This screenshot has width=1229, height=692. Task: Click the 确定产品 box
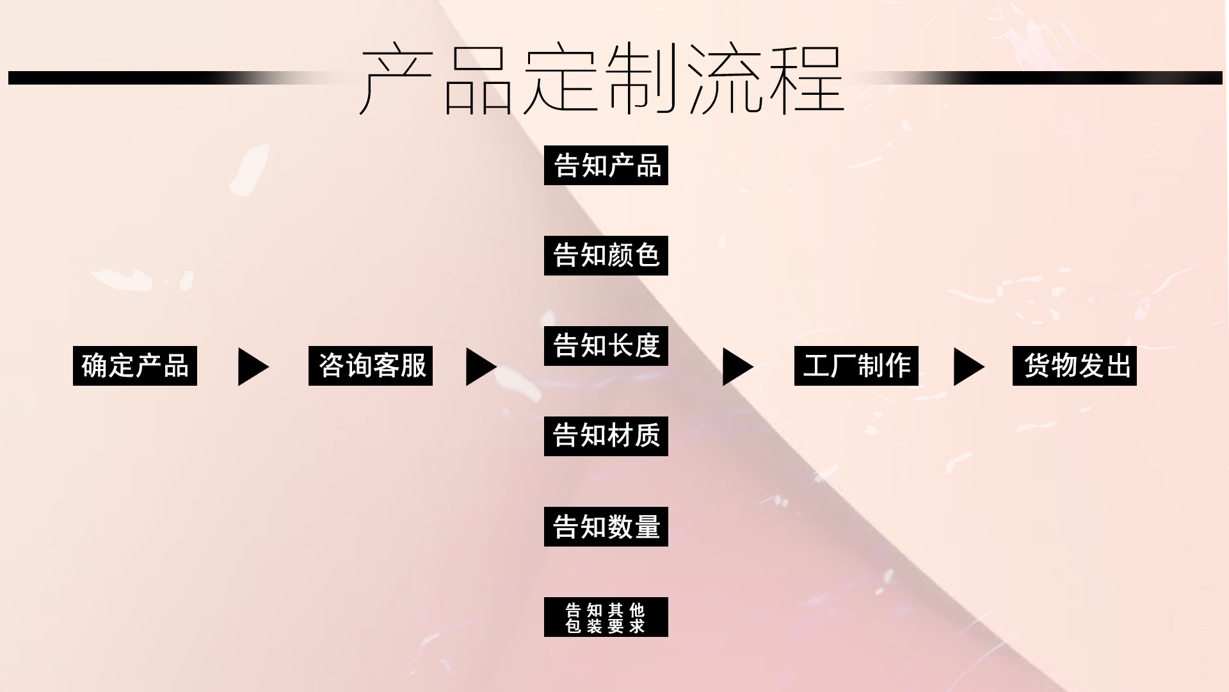(x=135, y=366)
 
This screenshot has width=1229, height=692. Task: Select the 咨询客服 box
(x=371, y=366)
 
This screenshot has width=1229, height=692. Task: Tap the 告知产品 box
(x=606, y=165)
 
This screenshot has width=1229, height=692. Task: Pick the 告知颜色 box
(x=606, y=256)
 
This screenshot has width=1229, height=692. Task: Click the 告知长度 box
(x=606, y=346)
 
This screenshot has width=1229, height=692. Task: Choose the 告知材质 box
(x=606, y=436)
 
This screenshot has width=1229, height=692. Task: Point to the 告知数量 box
(x=606, y=527)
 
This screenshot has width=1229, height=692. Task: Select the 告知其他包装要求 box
(x=606, y=617)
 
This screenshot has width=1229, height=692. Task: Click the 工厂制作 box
(x=856, y=366)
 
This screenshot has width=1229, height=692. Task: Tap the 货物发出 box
(x=1075, y=366)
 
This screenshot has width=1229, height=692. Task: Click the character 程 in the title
(x=808, y=79)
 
